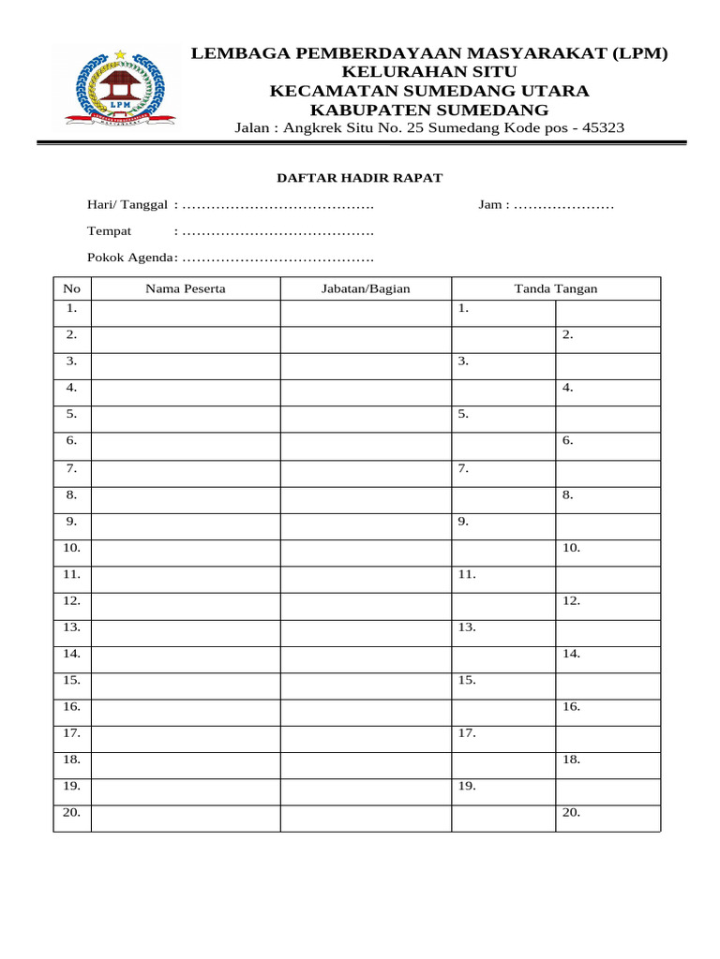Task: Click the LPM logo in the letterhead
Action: tap(120, 90)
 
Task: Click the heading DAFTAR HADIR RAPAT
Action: tap(358, 178)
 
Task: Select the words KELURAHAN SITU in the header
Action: tap(429, 72)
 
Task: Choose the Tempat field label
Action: tap(110, 230)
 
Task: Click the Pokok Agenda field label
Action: tap(130, 258)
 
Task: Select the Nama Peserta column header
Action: tap(185, 288)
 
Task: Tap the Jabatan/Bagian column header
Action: tap(366, 288)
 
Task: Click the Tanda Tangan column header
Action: tap(555, 288)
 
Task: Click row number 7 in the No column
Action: tap(71, 467)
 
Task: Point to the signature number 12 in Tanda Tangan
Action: tap(572, 600)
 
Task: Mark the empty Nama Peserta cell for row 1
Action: tap(185, 312)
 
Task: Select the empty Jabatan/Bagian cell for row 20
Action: tap(366, 818)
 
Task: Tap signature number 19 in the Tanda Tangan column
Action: tap(467, 787)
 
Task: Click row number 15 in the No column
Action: tap(72, 680)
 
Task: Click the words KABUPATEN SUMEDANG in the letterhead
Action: tap(429, 110)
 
